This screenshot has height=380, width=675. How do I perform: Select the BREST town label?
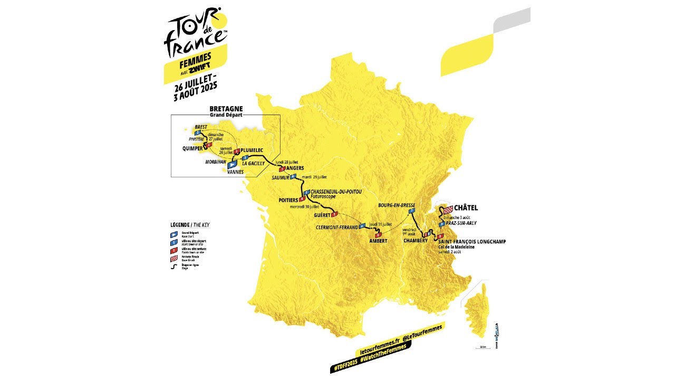(201, 127)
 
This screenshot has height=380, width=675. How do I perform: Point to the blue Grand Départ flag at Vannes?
(232, 165)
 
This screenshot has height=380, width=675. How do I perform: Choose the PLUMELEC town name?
(252, 150)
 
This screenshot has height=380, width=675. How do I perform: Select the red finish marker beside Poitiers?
(302, 199)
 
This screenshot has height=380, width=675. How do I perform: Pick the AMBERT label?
(378, 241)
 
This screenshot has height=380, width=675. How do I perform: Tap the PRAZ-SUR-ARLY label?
(462, 223)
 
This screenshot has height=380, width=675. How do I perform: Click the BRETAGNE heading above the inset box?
(226, 109)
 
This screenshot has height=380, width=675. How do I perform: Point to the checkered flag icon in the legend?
(173, 259)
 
